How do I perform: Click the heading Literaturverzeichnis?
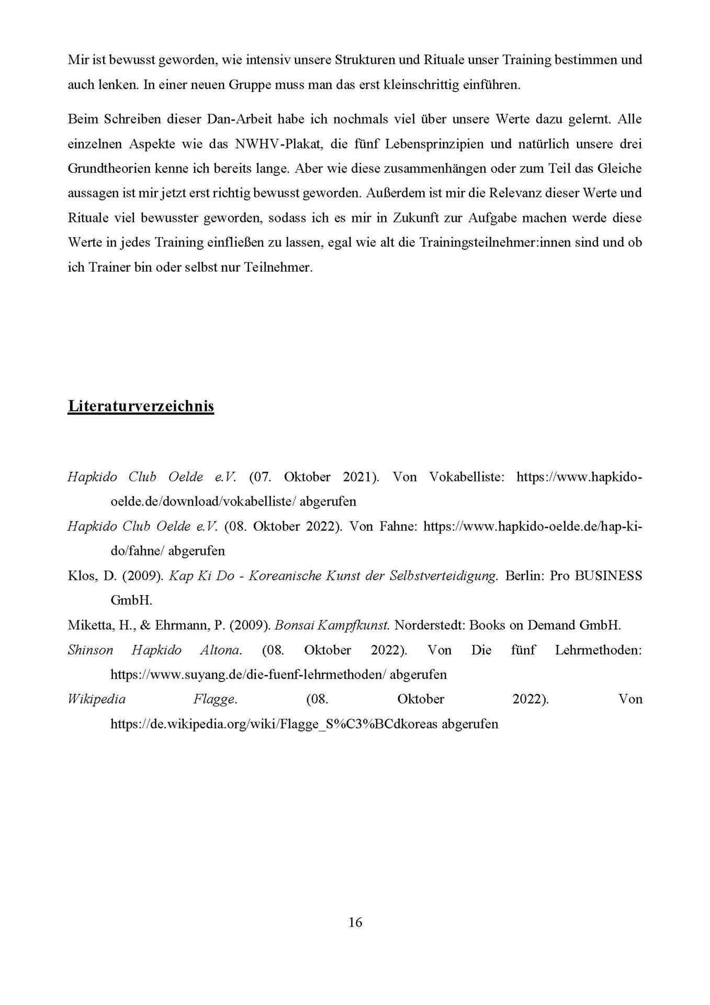point(141,406)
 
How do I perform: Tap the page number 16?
point(355,922)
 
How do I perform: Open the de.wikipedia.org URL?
point(274,724)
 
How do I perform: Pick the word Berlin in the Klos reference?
point(525,576)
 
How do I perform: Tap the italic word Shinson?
point(91,650)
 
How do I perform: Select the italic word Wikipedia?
point(97,699)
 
